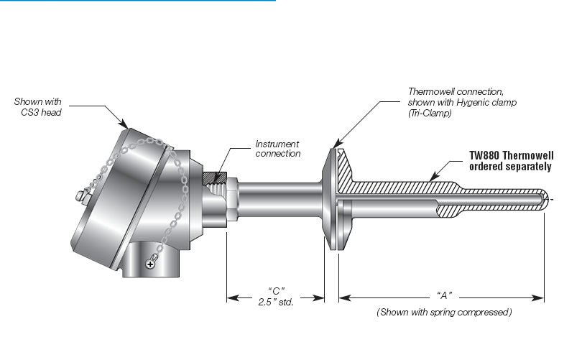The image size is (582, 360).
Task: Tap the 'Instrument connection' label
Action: point(277,149)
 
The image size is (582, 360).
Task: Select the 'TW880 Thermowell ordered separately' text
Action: point(509,160)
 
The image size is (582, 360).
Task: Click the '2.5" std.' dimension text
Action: point(275,303)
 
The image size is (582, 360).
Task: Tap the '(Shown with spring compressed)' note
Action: point(444,313)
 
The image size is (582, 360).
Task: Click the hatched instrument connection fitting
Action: point(215,177)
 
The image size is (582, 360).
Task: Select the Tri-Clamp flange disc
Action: point(331,199)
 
